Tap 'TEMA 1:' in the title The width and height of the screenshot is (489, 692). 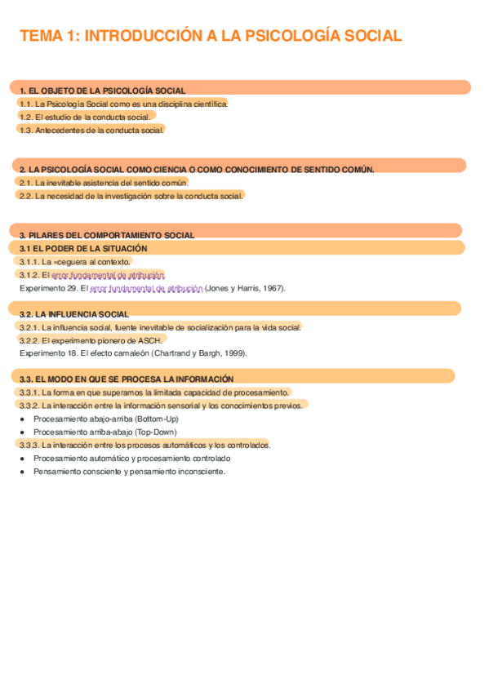48,35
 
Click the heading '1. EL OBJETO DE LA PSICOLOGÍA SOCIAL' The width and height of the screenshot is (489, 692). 102,91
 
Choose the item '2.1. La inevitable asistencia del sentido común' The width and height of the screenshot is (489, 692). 103,183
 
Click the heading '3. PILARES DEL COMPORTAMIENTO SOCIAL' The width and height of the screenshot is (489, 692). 107,235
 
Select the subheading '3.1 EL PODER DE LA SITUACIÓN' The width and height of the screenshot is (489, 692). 83,248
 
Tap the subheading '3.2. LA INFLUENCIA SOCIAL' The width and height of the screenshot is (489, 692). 73,313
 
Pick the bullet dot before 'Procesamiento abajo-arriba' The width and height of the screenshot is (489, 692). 22,419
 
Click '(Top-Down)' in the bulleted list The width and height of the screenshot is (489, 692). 156,432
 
